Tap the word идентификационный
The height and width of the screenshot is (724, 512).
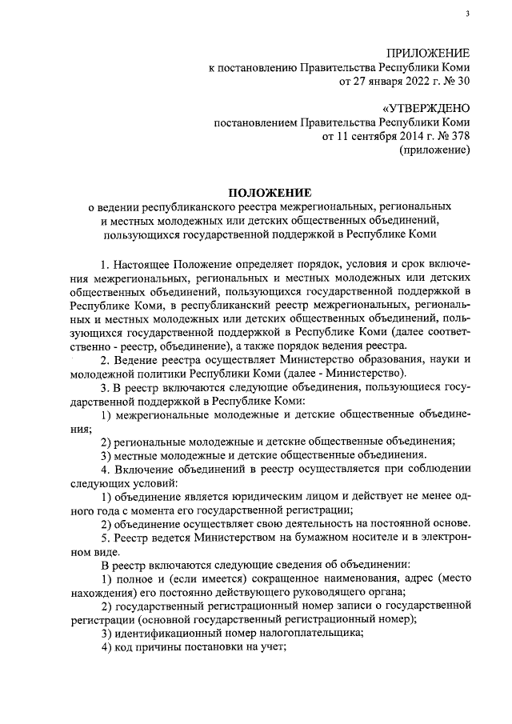169,634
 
